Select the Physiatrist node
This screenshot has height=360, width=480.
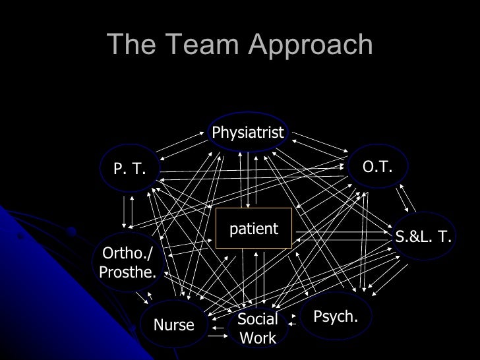point(248,133)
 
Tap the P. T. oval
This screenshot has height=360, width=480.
point(129,169)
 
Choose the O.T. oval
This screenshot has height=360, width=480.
point(378,167)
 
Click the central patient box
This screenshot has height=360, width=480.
point(254,229)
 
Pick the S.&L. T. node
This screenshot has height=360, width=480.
point(423,237)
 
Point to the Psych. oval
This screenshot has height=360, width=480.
point(336,317)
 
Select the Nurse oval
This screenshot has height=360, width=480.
point(173,324)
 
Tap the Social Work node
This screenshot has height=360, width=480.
point(258,328)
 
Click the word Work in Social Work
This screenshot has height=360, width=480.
point(258,338)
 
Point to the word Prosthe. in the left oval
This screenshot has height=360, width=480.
point(128,272)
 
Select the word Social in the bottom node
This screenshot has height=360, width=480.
point(258,320)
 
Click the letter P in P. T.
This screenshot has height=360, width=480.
point(118,169)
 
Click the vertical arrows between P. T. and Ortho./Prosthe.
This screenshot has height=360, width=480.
point(128,210)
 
